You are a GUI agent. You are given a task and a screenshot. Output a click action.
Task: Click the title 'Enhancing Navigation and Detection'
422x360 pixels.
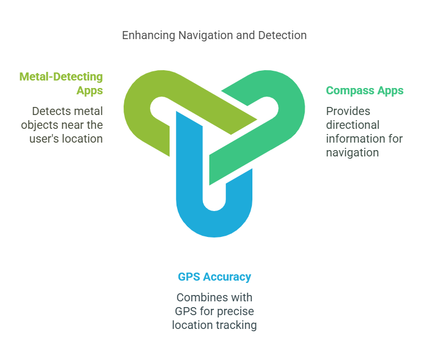point(214,35)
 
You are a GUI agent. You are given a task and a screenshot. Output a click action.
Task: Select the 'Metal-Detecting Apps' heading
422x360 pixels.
point(61,83)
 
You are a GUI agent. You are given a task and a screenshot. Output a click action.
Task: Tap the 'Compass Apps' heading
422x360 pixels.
point(365,90)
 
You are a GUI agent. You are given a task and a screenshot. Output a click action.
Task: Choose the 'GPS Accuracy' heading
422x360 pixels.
point(214,277)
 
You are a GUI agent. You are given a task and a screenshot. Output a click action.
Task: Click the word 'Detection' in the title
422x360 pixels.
point(282,35)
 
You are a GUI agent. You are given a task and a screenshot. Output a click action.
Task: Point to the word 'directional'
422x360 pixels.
point(353,125)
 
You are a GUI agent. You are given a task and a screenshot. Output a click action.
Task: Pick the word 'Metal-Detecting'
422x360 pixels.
point(61,76)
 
